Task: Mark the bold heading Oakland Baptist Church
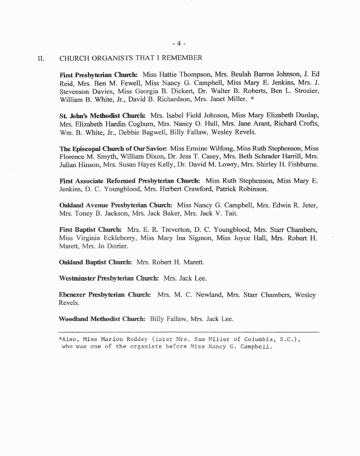point(95,262)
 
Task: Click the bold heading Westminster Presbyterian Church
point(109,278)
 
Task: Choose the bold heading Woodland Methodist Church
point(102,319)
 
